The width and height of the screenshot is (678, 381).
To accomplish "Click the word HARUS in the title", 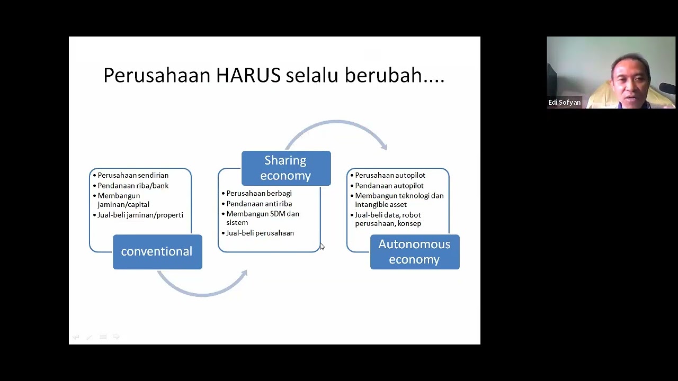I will pyautogui.click(x=248, y=76).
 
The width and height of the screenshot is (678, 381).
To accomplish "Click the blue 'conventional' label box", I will pyautogui.click(x=157, y=252).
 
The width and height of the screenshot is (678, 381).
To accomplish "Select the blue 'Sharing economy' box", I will pyautogui.click(x=286, y=168).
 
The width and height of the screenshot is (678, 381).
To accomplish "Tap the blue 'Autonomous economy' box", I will pyautogui.click(x=414, y=252).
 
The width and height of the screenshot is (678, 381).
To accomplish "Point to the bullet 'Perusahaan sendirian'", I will pyautogui.click(x=133, y=175).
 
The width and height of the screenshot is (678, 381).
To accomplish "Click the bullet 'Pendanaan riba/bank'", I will pyautogui.click(x=133, y=186).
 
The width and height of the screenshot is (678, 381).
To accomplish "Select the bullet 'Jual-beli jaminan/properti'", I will pyautogui.click(x=140, y=215).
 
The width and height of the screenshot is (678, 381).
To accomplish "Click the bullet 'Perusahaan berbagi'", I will pyautogui.click(x=258, y=193).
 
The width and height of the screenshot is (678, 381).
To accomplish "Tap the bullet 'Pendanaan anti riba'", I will pyautogui.click(x=259, y=204).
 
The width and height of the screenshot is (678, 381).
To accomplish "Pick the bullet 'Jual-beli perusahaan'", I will pyautogui.click(x=260, y=233).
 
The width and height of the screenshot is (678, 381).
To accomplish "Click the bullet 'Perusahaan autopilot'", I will pyautogui.click(x=390, y=175).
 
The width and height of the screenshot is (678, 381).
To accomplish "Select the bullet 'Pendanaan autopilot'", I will pyautogui.click(x=389, y=186).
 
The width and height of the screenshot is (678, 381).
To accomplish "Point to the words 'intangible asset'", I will pyautogui.click(x=381, y=204).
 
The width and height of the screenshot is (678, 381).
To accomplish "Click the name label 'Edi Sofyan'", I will pyautogui.click(x=564, y=103).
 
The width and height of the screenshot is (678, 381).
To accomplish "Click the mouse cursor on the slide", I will pyautogui.click(x=322, y=247).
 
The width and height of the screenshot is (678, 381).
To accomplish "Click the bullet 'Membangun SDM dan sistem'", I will pyautogui.click(x=262, y=218).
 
